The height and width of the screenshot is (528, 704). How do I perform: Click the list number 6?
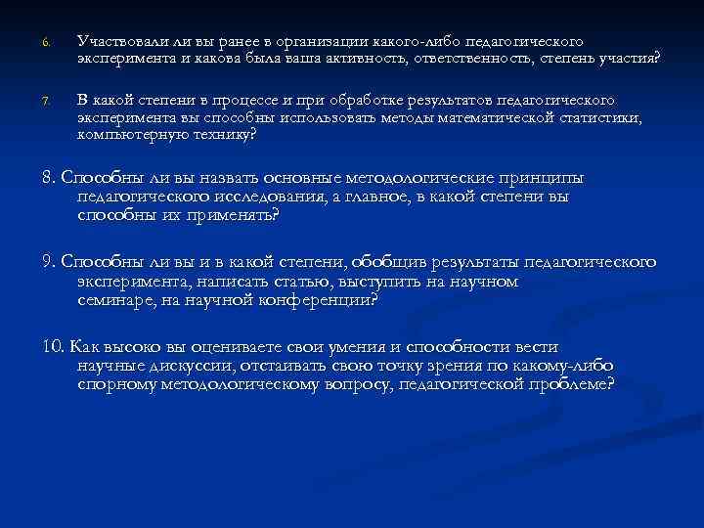pos(45,43)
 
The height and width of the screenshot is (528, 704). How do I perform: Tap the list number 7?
pos(45,101)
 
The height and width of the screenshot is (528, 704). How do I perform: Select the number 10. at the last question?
pos(52,347)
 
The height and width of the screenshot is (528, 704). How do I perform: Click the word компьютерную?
pos(128,135)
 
